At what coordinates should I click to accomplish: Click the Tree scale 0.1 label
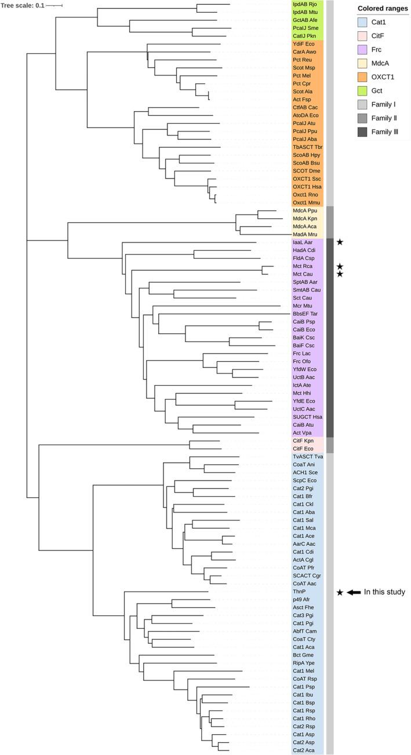22,5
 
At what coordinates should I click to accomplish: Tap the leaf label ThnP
300,592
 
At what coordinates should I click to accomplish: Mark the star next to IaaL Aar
340,241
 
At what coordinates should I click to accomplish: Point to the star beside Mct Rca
340,266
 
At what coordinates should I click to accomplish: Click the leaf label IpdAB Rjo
304,4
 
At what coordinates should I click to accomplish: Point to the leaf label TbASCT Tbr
307,148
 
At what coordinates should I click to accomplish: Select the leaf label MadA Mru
305,234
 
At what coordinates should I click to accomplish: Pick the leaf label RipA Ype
304,662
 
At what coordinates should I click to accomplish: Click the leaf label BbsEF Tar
305,313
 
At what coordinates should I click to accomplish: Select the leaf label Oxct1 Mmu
305,202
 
